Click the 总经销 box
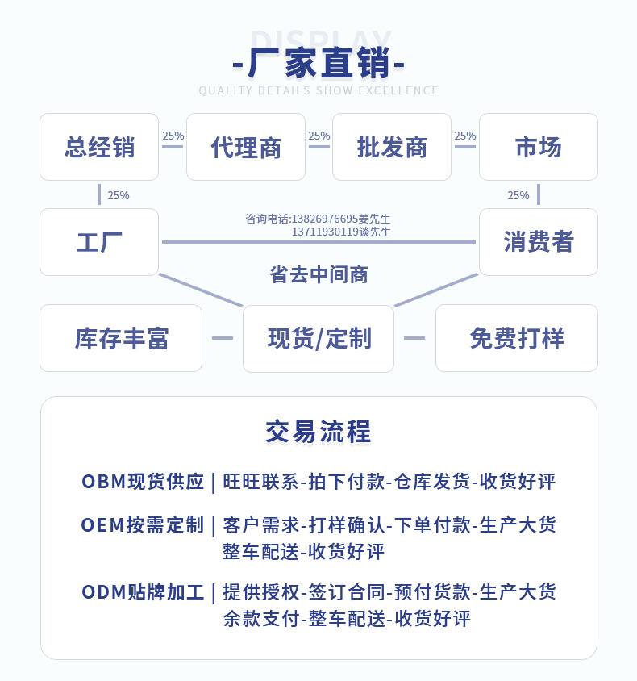pyautogui.click(x=99, y=147)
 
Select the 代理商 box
pyautogui.click(x=246, y=147)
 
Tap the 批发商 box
pyautogui.click(x=392, y=147)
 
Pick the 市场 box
pyautogui.click(x=539, y=147)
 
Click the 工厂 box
pyautogui.click(x=99, y=242)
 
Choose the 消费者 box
pyautogui.click(x=539, y=242)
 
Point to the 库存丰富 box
pyautogui.click(x=121, y=338)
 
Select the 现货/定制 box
pyautogui.click(x=318, y=338)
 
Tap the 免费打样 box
pyautogui.click(x=517, y=338)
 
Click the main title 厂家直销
pyautogui.click(x=319, y=64)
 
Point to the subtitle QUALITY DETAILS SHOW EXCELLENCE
pyautogui.click(x=318, y=90)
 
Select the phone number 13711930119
pyautogui.click(x=326, y=232)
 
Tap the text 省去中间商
pyautogui.click(x=319, y=274)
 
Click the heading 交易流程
pyautogui.click(x=318, y=432)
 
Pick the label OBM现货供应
pyautogui.click(x=143, y=482)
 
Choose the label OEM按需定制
pyautogui.click(x=143, y=525)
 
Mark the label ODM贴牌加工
pyautogui.click(x=143, y=592)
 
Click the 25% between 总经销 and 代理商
pyautogui.click(x=173, y=136)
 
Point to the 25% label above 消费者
pyautogui.click(x=518, y=195)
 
